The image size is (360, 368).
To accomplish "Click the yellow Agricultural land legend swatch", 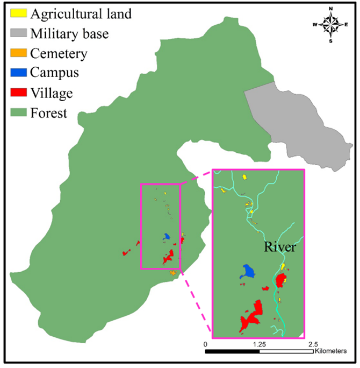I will click(x=18, y=14).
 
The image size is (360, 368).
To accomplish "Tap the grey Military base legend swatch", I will click(x=18, y=34).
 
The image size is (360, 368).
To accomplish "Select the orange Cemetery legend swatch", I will click(x=18, y=54).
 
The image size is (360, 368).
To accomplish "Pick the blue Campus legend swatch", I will click(x=18, y=73).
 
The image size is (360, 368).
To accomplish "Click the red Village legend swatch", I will click(x=18, y=93).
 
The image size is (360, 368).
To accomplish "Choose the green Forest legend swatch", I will click(x=18, y=113).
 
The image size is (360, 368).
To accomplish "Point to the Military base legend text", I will click(x=70, y=34).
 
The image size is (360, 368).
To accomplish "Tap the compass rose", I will click(x=332, y=24).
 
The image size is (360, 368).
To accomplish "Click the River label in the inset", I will click(x=280, y=247).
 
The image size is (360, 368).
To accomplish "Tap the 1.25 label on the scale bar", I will click(x=260, y=344).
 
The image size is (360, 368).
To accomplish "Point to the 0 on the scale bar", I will click(x=205, y=344).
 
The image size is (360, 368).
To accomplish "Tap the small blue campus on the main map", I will click(x=167, y=237).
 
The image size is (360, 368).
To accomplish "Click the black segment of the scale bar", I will click(x=232, y=351).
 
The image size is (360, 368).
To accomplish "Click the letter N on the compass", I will click(x=332, y=9).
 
